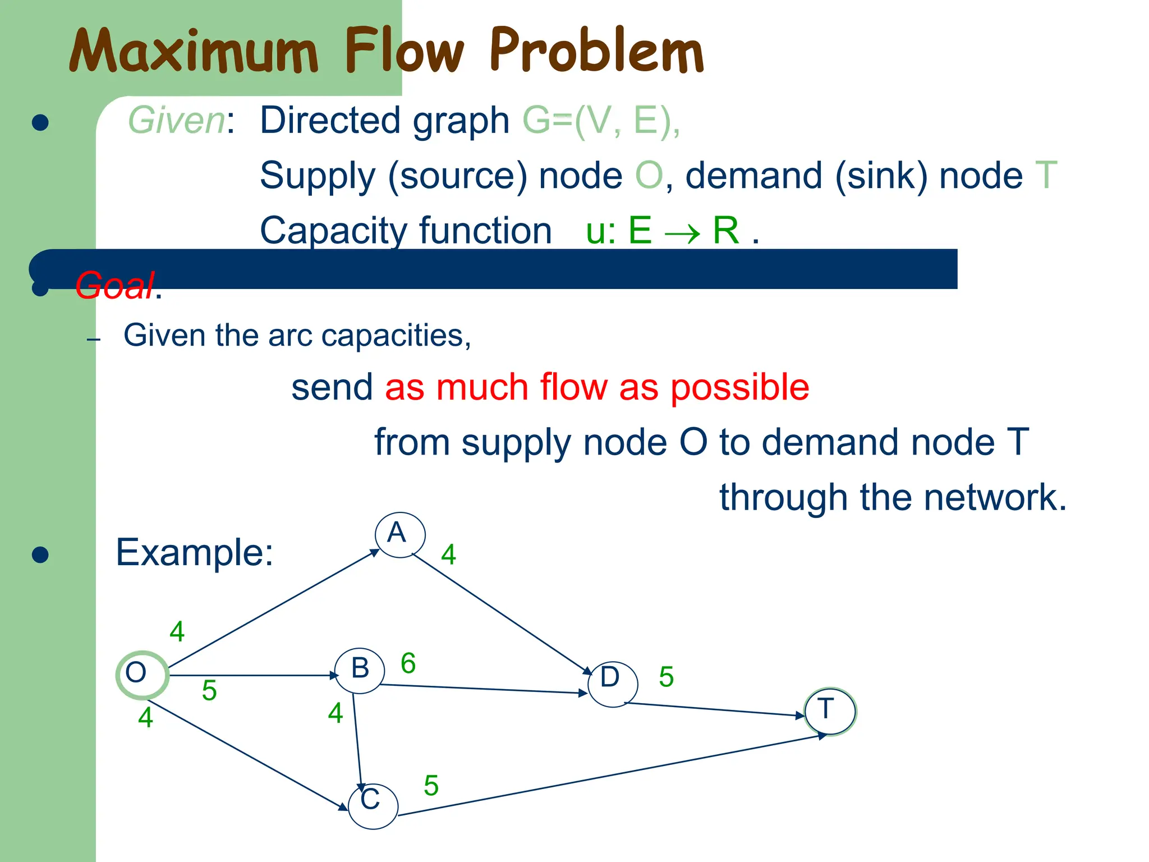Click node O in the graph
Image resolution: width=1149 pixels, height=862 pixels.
[141, 675]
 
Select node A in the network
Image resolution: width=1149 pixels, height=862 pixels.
[399, 535]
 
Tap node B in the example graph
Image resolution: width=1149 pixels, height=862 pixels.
[360, 671]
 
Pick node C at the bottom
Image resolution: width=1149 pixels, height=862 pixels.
[373, 806]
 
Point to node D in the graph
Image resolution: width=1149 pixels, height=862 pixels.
[612, 684]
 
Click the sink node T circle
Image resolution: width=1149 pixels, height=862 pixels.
[830, 711]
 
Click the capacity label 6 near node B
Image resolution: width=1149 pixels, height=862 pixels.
[408, 663]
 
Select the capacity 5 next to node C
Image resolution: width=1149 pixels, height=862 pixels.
[431, 785]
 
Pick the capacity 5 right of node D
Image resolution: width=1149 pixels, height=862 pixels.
[666, 677]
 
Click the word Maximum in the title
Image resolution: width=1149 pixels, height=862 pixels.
[194, 52]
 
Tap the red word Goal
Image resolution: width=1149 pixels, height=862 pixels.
[114, 285]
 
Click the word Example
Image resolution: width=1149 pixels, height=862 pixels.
[194, 552]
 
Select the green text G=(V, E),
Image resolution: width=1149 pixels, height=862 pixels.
[601, 120]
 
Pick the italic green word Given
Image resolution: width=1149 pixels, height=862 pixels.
[176, 120]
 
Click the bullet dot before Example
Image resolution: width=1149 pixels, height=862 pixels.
[40, 554]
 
